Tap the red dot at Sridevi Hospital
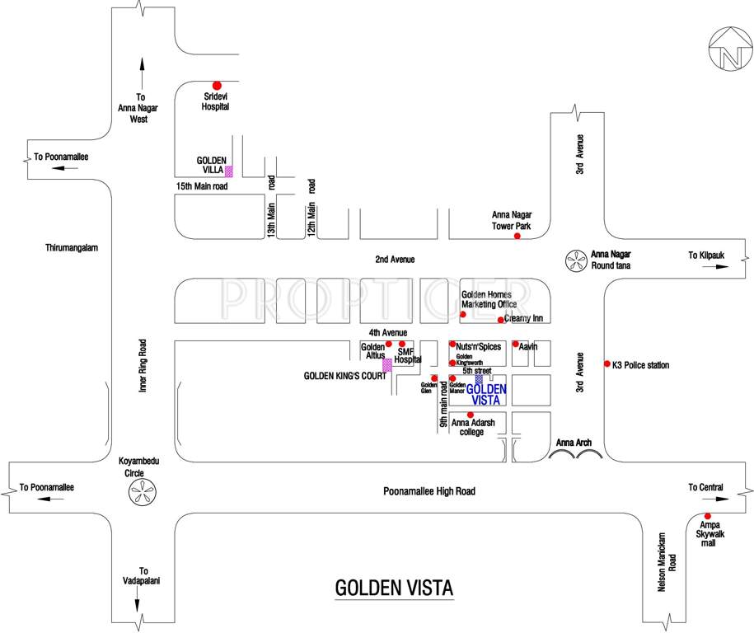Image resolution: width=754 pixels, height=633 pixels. click(x=218, y=85)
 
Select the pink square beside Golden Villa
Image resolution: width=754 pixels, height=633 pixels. click(x=229, y=171)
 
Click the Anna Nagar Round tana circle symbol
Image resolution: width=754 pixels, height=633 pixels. click(x=573, y=261)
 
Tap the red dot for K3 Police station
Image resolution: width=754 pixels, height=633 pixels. click(x=608, y=363)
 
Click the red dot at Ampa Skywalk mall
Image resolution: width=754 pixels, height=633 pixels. click(x=707, y=516)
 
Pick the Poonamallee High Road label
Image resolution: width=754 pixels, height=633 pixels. click(x=429, y=491)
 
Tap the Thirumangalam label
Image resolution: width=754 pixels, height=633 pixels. click(x=73, y=246)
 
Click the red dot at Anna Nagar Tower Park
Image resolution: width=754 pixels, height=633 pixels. click(x=517, y=237)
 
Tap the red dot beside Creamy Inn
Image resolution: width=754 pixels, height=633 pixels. click(x=501, y=320)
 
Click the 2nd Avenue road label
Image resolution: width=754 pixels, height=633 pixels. click(x=395, y=260)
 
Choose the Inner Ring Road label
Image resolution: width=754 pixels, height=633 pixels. click(x=143, y=365)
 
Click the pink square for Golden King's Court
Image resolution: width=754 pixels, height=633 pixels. click(x=386, y=364)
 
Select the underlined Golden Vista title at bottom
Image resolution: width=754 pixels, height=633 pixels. click(x=394, y=588)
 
